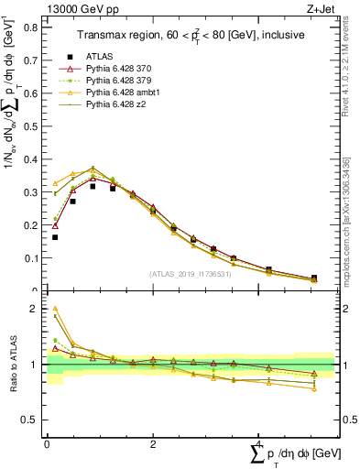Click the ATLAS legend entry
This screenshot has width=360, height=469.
pyautogui.click(x=99, y=56)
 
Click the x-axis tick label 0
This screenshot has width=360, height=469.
pyautogui.click(x=47, y=443)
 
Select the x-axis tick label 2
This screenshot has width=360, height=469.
pyautogui.click(x=152, y=443)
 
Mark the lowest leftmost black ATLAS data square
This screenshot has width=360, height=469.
pyautogui.click(x=55, y=237)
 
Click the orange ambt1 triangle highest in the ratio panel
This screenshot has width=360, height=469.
pyautogui.click(x=55, y=309)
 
